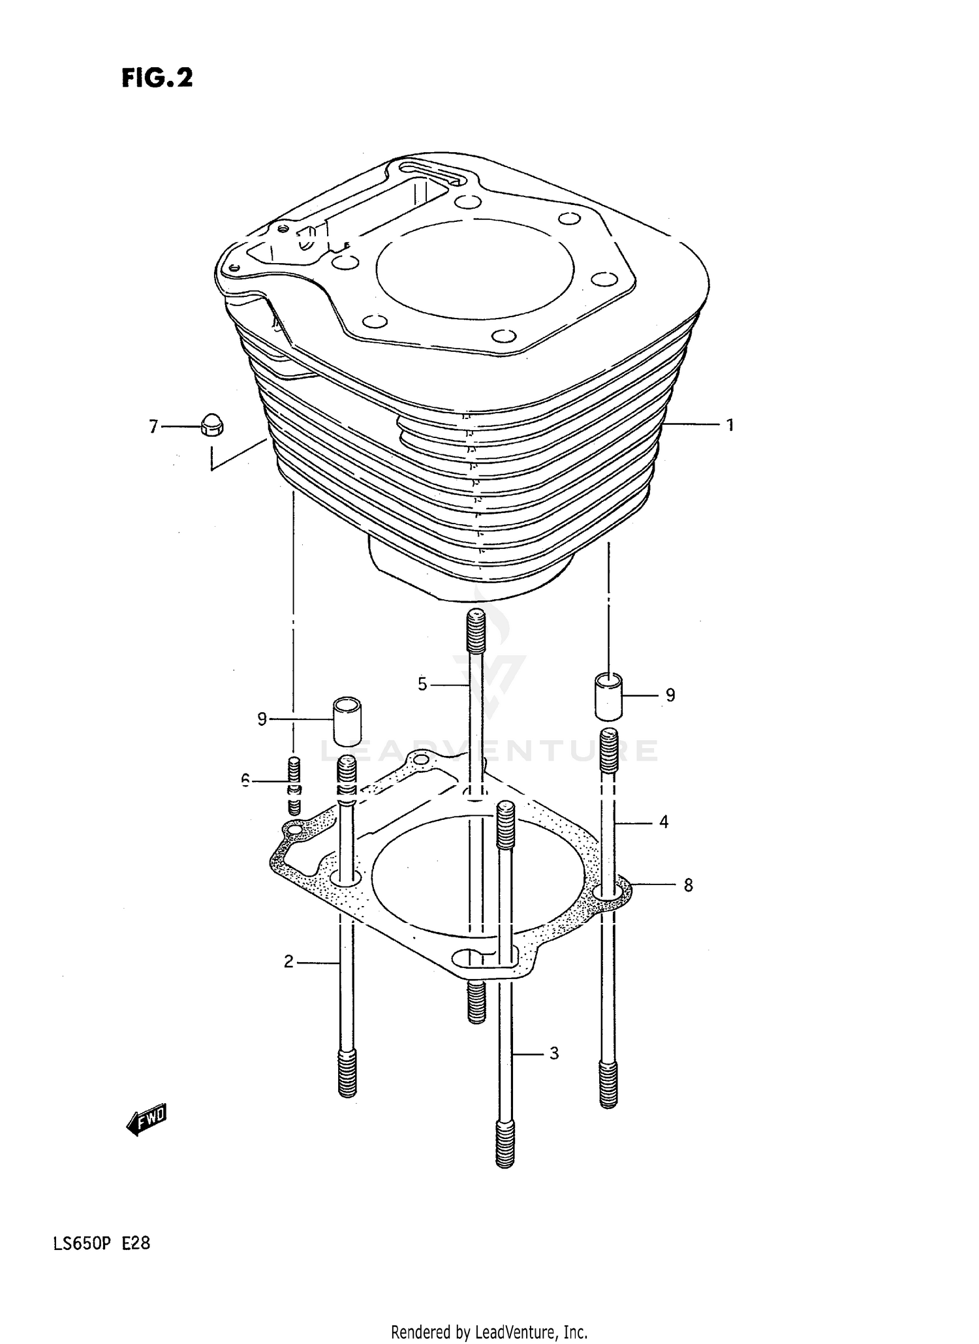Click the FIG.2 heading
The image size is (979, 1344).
(157, 78)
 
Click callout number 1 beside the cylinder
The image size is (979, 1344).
(730, 425)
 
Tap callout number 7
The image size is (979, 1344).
(153, 427)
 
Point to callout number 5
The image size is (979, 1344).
(422, 684)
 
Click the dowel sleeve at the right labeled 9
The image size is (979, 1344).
(608, 696)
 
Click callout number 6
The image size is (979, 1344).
(245, 779)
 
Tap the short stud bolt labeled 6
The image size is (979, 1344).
(294, 786)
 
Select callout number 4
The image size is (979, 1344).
(663, 822)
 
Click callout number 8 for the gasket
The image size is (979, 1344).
(688, 885)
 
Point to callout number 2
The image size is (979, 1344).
(288, 961)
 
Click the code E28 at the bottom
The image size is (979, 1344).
(136, 1243)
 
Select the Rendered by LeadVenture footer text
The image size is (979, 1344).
(489, 1332)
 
